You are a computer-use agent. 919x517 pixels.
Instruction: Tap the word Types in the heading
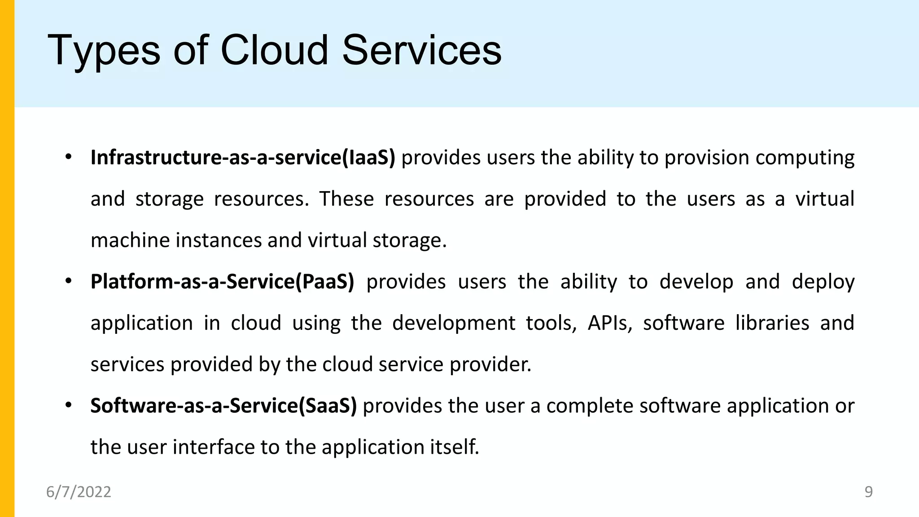[x=104, y=51]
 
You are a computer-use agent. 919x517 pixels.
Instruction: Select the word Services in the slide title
[x=421, y=50]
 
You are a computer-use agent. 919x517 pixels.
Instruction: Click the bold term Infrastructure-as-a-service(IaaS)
[x=243, y=158]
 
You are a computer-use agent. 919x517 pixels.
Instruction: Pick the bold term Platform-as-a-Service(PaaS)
[x=222, y=282]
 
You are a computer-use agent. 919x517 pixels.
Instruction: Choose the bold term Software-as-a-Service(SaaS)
[x=223, y=406]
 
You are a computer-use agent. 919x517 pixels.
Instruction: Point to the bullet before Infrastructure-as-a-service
[x=68, y=158]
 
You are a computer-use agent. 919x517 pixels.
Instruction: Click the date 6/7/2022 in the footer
[x=79, y=492]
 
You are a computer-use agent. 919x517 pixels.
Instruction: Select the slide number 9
[x=868, y=492]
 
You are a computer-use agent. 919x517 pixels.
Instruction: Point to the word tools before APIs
[x=551, y=323]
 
